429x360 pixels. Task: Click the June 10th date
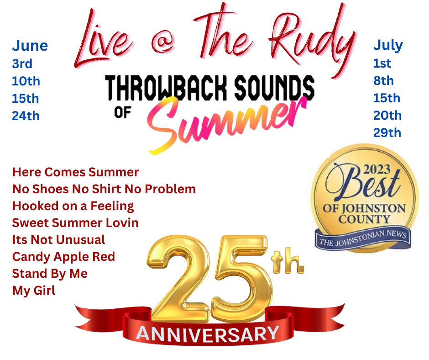pyautogui.click(x=26, y=81)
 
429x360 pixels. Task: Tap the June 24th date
pyautogui.click(x=26, y=116)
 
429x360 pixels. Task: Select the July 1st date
pyautogui.click(x=382, y=64)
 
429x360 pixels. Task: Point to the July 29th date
pyautogui.click(x=387, y=132)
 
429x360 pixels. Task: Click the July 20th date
pyautogui.click(x=387, y=115)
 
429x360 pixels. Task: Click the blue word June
pyautogui.click(x=30, y=46)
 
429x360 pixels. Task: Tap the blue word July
pyautogui.click(x=388, y=46)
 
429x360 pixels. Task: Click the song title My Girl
pyautogui.click(x=34, y=291)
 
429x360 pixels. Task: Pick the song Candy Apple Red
pyautogui.click(x=63, y=257)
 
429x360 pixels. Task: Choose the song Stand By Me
pyautogui.click(x=50, y=274)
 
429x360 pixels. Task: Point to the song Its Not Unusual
pyautogui.click(x=58, y=240)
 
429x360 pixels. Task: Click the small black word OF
pyautogui.click(x=122, y=112)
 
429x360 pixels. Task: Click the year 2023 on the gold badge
pyautogui.click(x=377, y=169)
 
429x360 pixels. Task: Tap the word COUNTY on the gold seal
pyautogui.click(x=364, y=219)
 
